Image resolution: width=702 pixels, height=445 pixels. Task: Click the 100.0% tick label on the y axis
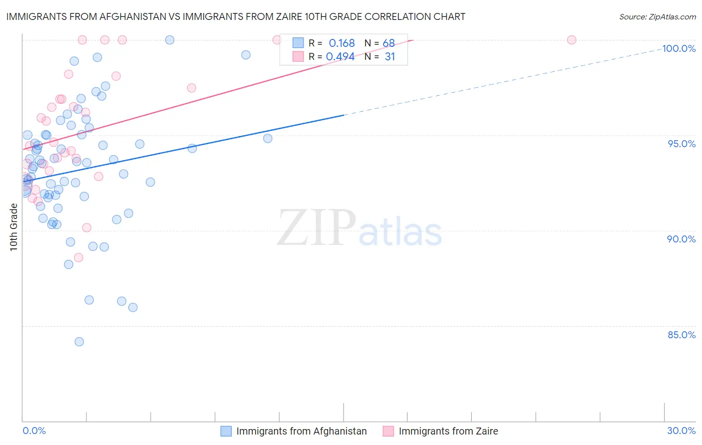tap(679, 48)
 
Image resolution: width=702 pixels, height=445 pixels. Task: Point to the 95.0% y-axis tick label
tap(682, 144)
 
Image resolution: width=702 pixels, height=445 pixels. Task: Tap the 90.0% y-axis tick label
tap(682, 239)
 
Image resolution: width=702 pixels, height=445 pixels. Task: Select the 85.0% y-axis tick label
tap(682, 335)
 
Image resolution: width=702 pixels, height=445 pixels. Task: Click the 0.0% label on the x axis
tap(34, 431)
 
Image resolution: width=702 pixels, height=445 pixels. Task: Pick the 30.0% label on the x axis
tap(681, 431)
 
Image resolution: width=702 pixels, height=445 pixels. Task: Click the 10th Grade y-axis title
tap(13, 227)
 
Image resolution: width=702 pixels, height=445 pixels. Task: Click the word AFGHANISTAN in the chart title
tap(126, 16)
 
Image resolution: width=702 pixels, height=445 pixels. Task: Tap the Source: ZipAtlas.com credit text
tap(657, 16)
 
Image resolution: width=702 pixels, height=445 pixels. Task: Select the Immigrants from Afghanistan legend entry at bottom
tap(301, 431)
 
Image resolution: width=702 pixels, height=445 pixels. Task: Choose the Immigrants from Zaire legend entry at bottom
tap(448, 431)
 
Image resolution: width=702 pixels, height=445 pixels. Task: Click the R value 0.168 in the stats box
tap(342, 43)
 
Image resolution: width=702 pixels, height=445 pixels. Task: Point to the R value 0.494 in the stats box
tap(340, 57)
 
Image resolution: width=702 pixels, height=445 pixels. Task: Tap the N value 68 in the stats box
tap(388, 43)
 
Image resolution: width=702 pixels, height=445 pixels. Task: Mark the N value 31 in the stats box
tap(389, 57)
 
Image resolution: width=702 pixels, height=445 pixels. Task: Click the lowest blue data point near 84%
tap(79, 342)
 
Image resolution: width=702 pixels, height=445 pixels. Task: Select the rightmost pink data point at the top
tap(572, 40)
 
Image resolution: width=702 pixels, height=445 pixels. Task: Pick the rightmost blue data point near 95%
tap(268, 139)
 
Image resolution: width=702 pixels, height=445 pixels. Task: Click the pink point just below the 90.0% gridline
tap(78, 258)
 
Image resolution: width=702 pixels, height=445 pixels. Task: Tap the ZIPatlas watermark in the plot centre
tap(359, 228)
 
